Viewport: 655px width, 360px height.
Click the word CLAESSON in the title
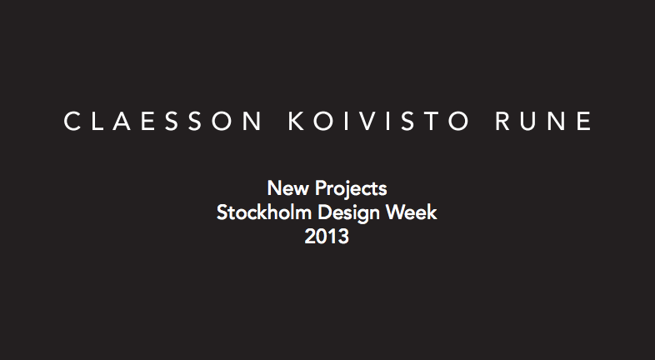pos(162,121)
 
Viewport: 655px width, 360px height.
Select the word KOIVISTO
pos(379,121)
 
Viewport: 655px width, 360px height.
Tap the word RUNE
pos(543,121)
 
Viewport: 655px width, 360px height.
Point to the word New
pos(287,188)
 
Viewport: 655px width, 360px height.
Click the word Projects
pos(351,189)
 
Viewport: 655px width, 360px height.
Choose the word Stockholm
pos(264,212)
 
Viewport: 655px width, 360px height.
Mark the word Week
pos(412,212)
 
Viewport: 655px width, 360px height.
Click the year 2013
pos(327,237)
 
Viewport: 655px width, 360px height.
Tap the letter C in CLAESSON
pos(72,121)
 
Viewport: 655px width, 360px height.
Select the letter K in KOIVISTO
pos(296,121)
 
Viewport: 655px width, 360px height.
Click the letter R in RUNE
pos(503,121)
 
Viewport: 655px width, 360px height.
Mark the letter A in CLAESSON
pos(122,121)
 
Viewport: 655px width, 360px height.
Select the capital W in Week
pos(396,212)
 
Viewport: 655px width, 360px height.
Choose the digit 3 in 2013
pos(343,237)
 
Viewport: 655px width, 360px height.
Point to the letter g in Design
pos(362,217)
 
